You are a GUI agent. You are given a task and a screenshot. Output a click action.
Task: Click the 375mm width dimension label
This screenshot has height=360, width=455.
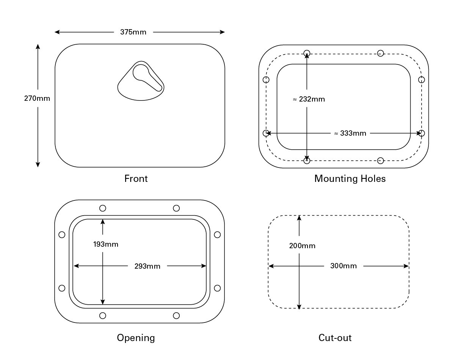pyautogui.click(x=133, y=32)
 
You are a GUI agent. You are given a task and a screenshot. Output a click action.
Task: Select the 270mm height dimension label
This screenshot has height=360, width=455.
pyautogui.click(x=37, y=98)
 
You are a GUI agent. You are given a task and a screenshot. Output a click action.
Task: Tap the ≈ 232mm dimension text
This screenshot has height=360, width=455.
pyautogui.click(x=309, y=99)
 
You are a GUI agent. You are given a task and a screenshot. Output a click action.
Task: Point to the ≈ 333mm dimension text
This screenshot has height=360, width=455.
pyautogui.click(x=350, y=133)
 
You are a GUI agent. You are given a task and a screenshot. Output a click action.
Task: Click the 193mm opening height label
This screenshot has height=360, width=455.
pyautogui.click(x=106, y=244)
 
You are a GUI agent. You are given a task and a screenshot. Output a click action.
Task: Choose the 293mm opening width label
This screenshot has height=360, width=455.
pyautogui.click(x=147, y=266)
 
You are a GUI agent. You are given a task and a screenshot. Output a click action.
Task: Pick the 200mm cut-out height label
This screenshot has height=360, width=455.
pyautogui.click(x=302, y=246)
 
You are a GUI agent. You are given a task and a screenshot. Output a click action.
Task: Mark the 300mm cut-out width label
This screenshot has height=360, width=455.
pyautogui.click(x=344, y=266)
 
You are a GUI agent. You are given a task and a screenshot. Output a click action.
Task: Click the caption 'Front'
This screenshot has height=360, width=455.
pyautogui.click(x=136, y=178)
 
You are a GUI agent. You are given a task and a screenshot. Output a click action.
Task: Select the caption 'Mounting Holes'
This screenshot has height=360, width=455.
pyautogui.click(x=350, y=178)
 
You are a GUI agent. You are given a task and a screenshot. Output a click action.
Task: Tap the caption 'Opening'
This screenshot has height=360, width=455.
pyautogui.click(x=136, y=338)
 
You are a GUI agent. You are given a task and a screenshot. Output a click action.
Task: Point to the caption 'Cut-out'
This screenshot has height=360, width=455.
pyautogui.click(x=335, y=338)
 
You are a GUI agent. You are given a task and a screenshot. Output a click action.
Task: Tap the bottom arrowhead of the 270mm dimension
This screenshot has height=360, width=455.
pyautogui.click(x=38, y=164)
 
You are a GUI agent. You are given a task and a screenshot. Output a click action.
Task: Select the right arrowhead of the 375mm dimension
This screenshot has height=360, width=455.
pyautogui.click(x=222, y=32)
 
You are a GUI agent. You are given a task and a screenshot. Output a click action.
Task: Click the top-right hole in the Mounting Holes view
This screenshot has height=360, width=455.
pyautogui.click(x=380, y=53)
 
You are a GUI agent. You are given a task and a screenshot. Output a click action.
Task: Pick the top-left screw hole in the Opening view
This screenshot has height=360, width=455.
pyautogui.click(x=102, y=208)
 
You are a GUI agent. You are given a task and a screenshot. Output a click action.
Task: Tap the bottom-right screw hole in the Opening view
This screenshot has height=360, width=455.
pyautogui.click(x=176, y=316)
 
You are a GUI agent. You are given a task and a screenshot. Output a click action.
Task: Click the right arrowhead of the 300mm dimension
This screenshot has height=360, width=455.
pyautogui.click(x=406, y=266)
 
